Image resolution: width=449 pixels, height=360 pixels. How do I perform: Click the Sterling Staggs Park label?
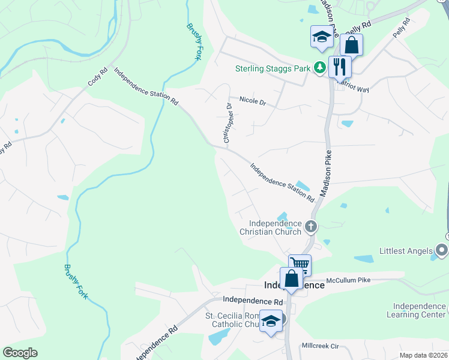[273, 68]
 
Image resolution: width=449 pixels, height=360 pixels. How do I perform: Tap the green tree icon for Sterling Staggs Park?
[322, 68]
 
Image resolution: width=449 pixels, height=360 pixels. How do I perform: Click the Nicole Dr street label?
[252, 101]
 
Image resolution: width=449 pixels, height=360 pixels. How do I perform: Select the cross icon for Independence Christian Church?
[310, 226]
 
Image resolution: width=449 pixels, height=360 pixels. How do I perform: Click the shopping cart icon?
[300, 264]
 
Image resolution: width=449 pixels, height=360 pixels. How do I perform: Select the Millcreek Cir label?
[321, 346]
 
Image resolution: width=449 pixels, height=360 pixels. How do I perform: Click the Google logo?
[20, 353]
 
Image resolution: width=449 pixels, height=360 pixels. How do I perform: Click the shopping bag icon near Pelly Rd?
[352, 45]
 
